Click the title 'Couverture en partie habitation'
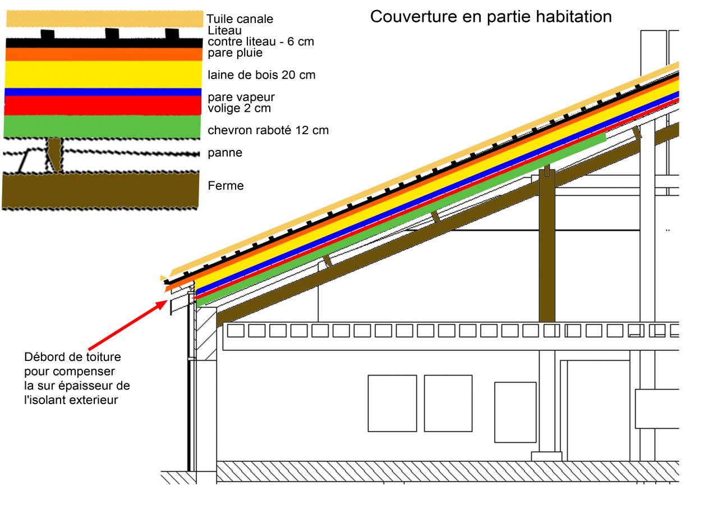pyautogui.click(x=491, y=17)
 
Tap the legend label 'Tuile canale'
pyautogui.click(x=240, y=19)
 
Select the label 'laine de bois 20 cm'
pyautogui.click(x=261, y=75)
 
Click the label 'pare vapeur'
pyautogui.click(x=241, y=97)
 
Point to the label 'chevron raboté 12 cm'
pyautogui.click(x=268, y=130)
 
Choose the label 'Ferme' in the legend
pyautogui.click(x=225, y=186)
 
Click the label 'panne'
pyautogui.click(x=225, y=153)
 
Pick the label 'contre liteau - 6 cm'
pyautogui.click(x=261, y=42)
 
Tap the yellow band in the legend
pyautogui.click(x=103, y=74)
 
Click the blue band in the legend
pyautogui.click(x=103, y=92)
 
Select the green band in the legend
pyautogui.click(x=103, y=126)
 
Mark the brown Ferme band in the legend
pyautogui.click(x=101, y=191)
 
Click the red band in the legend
pyautogui.click(x=103, y=105)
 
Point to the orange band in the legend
pyautogui.click(x=103, y=54)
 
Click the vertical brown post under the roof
pyautogui.click(x=547, y=247)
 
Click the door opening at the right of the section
pyautogui.click(x=598, y=410)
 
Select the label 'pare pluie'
pyautogui.click(x=235, y=53)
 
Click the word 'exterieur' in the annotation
pyautogui.click(x=91, y=400)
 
